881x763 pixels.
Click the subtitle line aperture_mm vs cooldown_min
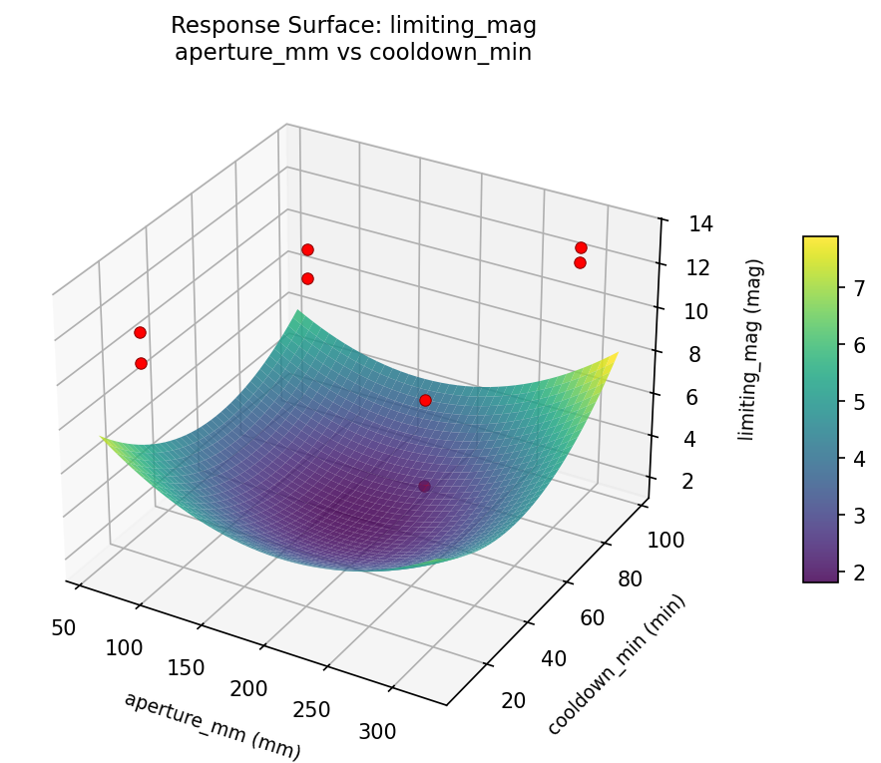(x=352, y=53)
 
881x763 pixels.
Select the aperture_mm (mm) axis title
(x=212, y=725)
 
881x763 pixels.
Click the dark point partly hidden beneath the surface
(x=425, y=487)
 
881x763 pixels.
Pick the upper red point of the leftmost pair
(x=140, y=332)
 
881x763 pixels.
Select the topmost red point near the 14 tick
(x=581, y=247)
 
